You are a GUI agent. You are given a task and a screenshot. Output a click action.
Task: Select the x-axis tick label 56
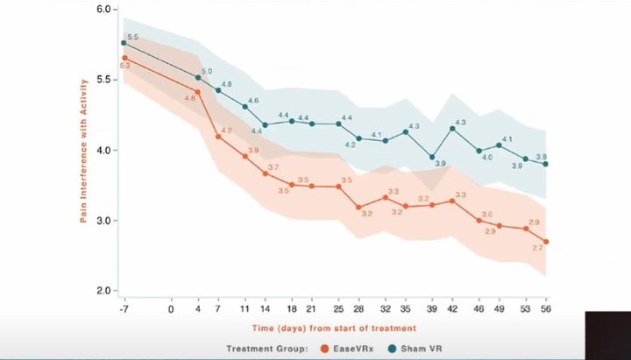pos(546,308)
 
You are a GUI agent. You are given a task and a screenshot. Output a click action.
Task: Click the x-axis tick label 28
pos(358,308)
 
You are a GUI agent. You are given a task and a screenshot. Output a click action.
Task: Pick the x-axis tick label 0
pos(171,308)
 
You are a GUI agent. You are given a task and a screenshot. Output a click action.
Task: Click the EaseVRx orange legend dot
pos(325,348)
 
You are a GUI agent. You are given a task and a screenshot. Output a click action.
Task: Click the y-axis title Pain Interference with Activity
pos(84,150)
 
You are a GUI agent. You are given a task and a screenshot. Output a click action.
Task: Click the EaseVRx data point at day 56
pos(546,242)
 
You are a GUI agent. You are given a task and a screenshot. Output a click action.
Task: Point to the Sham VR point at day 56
pos(546,164)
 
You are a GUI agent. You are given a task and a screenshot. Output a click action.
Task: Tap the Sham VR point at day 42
pos(452,129)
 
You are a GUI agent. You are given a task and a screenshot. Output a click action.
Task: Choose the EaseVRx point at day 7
pos(218,137)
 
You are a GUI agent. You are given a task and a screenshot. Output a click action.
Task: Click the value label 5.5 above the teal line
pos(133,37)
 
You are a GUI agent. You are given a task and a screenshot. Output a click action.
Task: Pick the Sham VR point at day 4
pos(198,77)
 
